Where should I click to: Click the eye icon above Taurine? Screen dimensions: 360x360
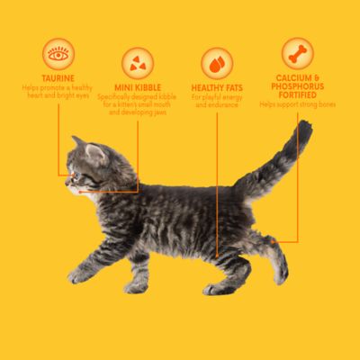[58, 54]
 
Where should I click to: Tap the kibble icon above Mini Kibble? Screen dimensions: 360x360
[138, 63]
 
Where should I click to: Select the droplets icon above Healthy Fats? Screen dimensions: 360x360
[217, 63]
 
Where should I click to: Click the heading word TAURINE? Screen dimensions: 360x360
[58, 78]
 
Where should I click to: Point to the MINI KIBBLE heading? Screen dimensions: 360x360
[138, 87]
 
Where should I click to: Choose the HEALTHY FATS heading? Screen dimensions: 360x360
[217, 87]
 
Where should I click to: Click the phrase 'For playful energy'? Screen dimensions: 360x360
[217, 96]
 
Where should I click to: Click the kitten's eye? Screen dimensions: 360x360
[76, 169]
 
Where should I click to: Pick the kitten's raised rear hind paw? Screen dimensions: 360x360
[281, 275]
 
